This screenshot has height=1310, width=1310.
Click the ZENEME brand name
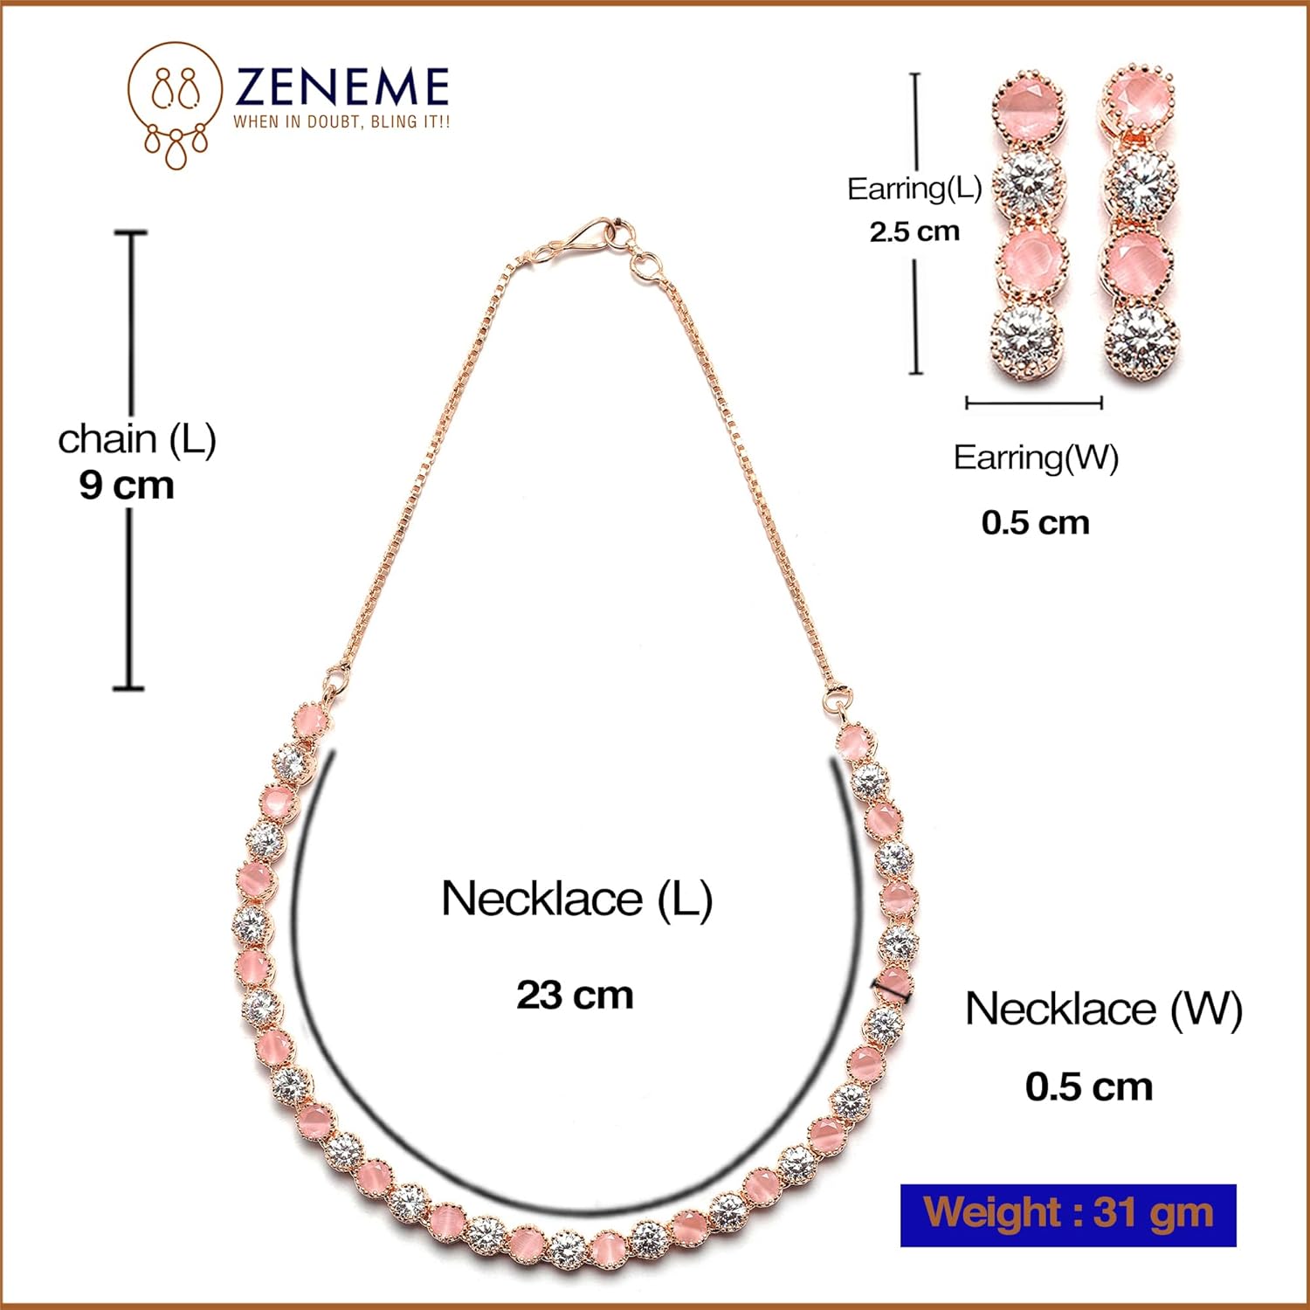(341, 87)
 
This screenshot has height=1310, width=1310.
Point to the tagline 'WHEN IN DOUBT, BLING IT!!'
(341, 122)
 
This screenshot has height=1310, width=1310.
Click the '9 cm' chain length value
(127, 486)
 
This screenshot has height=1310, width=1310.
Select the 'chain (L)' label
(136, 438)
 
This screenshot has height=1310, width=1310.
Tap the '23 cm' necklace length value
(575, 995)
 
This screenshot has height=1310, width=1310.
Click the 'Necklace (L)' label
(576, 899)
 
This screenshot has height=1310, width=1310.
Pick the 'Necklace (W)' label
(1103, 1009)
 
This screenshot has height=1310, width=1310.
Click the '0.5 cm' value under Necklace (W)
(1089, 1087)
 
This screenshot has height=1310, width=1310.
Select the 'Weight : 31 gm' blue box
(1068, 1214)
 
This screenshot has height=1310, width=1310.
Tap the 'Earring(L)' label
(914, 189)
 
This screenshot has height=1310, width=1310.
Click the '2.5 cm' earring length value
(914, 231)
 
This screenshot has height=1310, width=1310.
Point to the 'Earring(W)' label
(1036, 458)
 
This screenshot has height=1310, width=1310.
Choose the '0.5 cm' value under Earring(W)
(1035, 522)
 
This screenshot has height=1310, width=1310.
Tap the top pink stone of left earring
(1029, 107)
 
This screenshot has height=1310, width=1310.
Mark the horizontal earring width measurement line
(1034, 403)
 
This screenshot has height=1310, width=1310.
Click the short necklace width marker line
(893, 989)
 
